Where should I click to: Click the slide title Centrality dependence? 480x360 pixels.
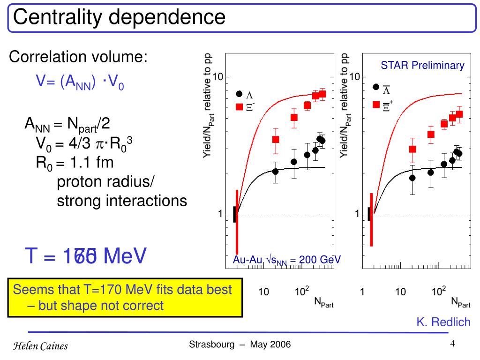click(120, 17)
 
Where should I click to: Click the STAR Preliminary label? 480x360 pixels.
click(422, 66)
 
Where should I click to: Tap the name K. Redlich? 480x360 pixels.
click(443, 322)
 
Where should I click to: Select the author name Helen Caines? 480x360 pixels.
click(40, 346)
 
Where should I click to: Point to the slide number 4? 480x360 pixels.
click(453, 344)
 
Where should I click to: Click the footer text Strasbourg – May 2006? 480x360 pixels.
click(240, 345)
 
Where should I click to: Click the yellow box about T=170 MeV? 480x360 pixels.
click(125, 298)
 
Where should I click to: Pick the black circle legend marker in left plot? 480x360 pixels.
click(239, 94)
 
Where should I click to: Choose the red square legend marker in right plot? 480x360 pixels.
click(376, 105)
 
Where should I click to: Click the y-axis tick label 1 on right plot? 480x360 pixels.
click(357, 214)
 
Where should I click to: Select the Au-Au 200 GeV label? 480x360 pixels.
click(287, 260)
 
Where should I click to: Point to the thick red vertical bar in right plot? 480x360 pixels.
click(371, 219)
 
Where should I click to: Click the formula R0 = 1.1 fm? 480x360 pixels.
click(75, 163)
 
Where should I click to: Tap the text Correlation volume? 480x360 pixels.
click(79, 58)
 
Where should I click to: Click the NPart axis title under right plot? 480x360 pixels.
click(460, 302)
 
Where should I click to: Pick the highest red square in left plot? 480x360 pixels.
click(322, 94)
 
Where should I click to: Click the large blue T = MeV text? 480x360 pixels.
click(86, 256)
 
